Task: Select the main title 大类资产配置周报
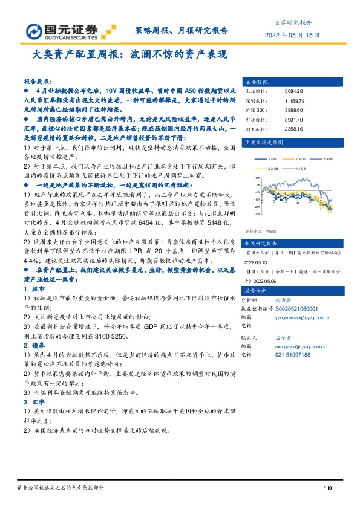coord(129,54)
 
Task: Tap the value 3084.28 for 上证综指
coord(293,90)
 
